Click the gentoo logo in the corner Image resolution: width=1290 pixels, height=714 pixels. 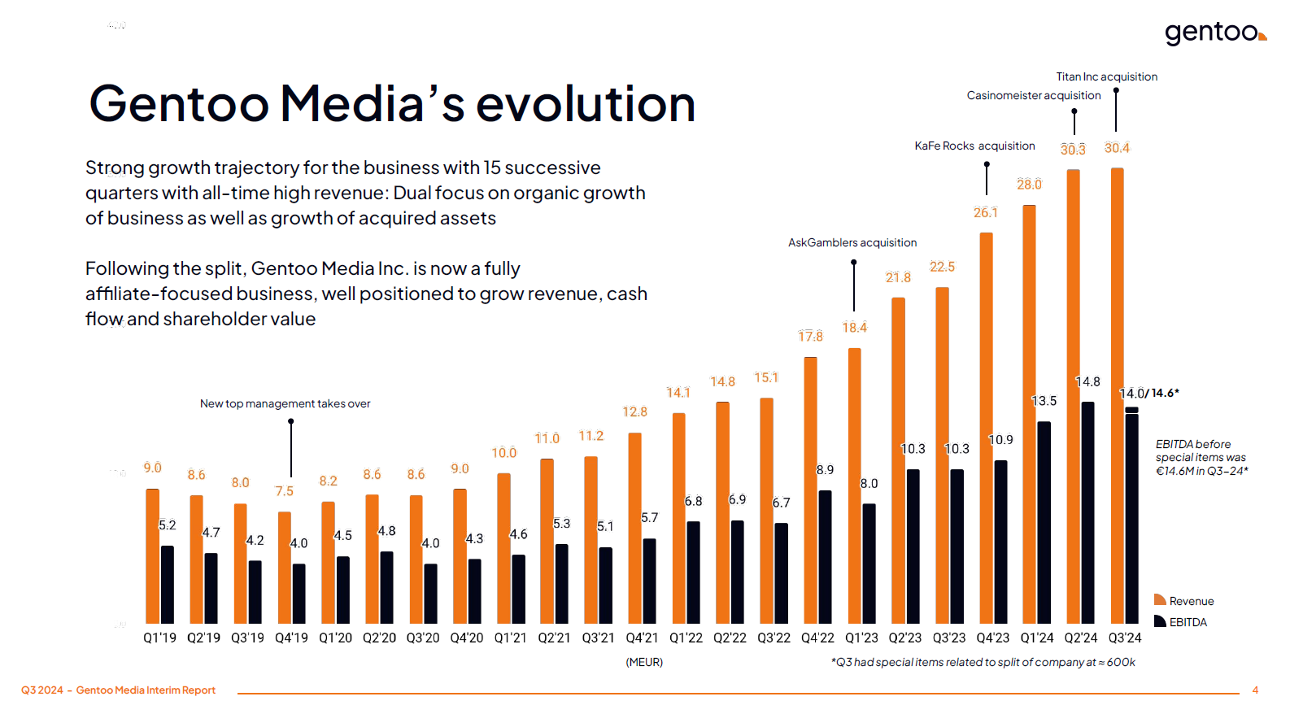tap(1214, 33)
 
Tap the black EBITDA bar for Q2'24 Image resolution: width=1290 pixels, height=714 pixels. tap(1087, 512)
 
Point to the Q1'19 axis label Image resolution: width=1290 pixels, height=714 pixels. tap(159, 638)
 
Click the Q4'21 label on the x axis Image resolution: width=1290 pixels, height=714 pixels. tap(642, 638)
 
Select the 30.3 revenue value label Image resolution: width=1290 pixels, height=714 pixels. tap(1073, 150)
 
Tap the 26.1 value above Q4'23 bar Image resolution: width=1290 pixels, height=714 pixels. tap(985, 213)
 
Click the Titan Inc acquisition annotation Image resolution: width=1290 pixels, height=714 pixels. tap(1106, 76)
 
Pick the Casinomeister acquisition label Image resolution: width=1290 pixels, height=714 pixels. tap(1033, 95)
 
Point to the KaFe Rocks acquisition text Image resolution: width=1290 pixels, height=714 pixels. tap(974, 146)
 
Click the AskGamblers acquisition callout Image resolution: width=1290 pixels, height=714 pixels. tap(852, 242)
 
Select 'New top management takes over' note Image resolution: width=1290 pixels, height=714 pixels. tap(285, 403)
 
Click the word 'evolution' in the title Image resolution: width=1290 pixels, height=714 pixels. tap(585, 104)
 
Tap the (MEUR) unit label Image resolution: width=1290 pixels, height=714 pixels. tap(643, 662)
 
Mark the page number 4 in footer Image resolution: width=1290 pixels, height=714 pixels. tap(1255, 690)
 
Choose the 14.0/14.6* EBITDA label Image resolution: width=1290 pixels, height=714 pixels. tap(1148, 394)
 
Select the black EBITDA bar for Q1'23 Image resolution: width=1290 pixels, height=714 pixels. tap(869, 563)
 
